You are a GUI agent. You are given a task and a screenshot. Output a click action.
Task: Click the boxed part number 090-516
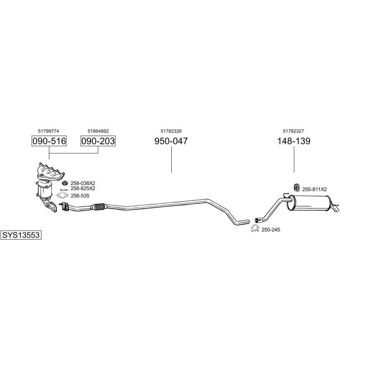point(49,141)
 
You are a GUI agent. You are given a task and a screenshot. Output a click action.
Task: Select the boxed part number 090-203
point(98,141)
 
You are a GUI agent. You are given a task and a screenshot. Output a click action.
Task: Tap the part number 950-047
point(171,141)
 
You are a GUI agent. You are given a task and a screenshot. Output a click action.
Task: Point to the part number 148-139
point(294,141)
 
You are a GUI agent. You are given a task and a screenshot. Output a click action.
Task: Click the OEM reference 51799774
point(49,131)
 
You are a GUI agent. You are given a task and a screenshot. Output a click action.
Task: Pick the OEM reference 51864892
point(98,131)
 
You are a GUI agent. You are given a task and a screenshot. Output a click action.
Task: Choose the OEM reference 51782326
point(171,131)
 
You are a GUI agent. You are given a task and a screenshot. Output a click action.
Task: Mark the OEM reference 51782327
point(294,131)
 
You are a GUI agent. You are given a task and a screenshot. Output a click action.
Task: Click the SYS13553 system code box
point(21,235)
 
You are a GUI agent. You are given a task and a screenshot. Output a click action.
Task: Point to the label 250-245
point(271,230)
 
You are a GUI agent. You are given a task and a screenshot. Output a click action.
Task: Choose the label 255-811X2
point(314,189)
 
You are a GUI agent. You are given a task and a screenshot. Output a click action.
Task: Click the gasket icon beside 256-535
point(62,195)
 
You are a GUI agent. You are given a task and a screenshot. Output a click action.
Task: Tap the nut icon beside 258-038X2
point(65,182)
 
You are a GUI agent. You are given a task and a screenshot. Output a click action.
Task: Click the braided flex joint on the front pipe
point(99,206)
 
